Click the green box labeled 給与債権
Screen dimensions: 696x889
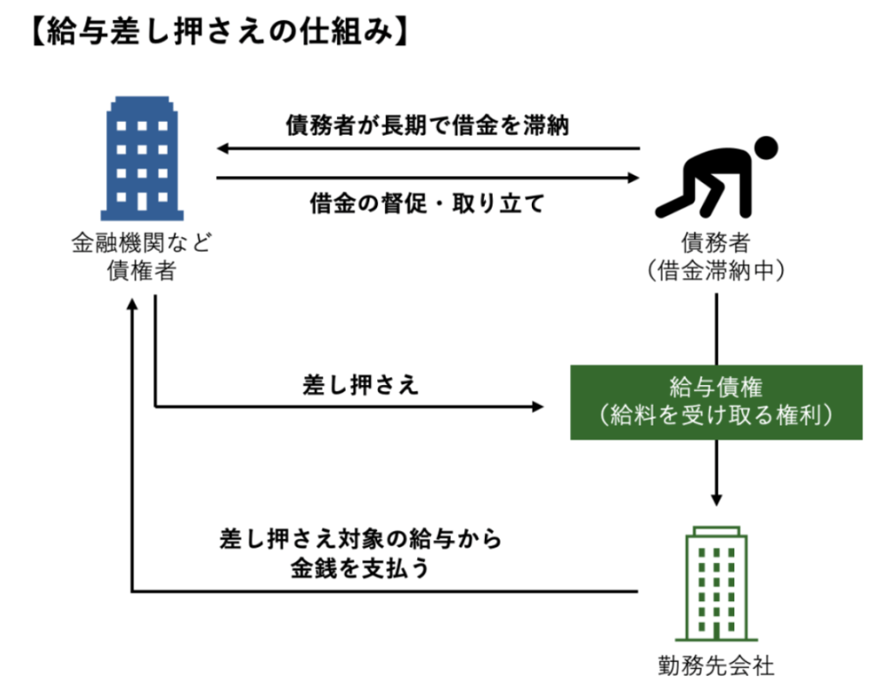pyautogui.click(x=716, y=402)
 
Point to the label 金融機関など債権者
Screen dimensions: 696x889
pyautogui.click(x=142, y=256)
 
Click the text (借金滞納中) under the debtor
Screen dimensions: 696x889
pyautogui.click(x=716, y=271)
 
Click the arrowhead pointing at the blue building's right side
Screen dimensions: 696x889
pyautogui.click(x=222, y=149)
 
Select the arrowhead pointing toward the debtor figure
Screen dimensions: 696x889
pyautogui.click(x=634, y=177)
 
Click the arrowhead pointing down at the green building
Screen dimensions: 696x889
pyautogui.click(x=716, y=500)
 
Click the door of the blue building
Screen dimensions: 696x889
pyautogui.click(x=143, y=201)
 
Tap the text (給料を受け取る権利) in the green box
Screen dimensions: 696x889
pyautogui.click(x=716, y=415)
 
